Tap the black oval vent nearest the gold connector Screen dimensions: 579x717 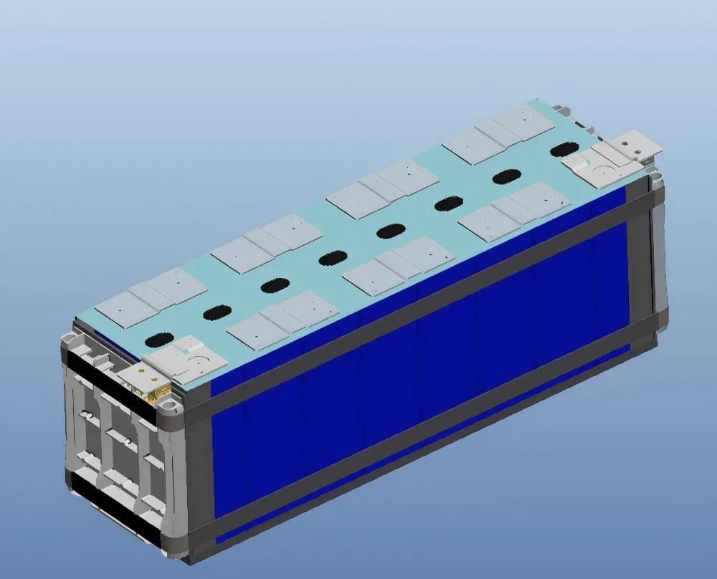coord(158,340)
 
